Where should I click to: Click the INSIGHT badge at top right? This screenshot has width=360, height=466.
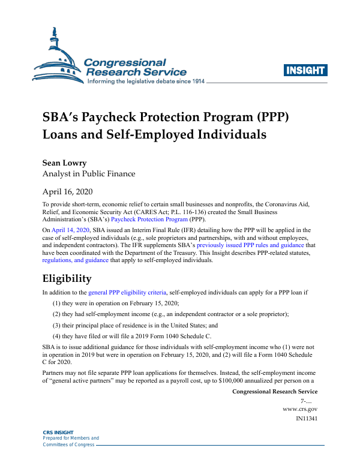(305, 70)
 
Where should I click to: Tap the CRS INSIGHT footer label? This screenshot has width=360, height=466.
(58, 432)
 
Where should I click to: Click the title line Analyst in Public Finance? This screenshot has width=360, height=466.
(89, 174)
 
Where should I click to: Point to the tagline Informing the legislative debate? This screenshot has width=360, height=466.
(138, 81)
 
